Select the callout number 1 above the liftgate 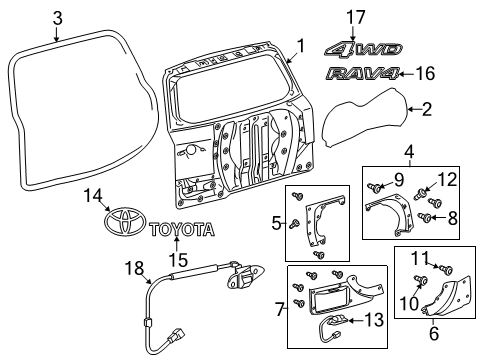(x=298, y=44)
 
